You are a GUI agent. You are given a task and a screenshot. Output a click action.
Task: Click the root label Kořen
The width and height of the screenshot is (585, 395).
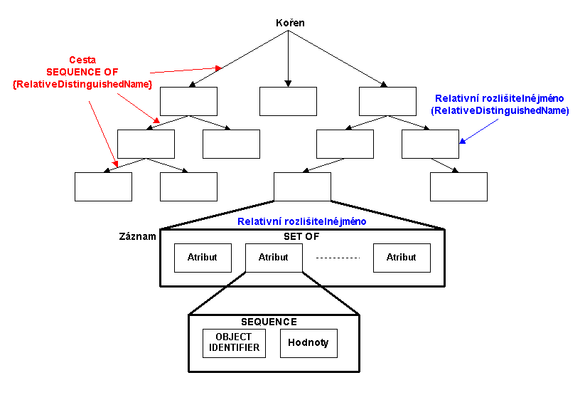pyautogui.click(x=290, y=23)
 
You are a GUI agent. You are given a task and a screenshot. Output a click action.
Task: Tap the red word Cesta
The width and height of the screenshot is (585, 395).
pyautogui.click(x=82, y=60)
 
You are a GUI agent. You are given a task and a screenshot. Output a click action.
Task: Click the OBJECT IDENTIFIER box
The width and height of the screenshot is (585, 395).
pyautogui.click(x=234, y=343)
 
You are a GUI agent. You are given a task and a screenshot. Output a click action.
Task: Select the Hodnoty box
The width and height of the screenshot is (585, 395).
pyautogui.click(x=308, y=343)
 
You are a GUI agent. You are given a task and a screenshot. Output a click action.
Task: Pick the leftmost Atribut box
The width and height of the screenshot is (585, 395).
pyautogui.click(x=203, y=258)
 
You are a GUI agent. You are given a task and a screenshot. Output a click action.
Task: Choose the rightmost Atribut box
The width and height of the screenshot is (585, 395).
pyautogui.click(x=402, y=258)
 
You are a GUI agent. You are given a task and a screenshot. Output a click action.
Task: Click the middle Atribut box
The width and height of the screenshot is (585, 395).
pyautogui.click(x=274, y=258)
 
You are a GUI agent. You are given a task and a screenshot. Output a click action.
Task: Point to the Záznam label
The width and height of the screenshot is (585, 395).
pyautogui.click(x=137, y=236)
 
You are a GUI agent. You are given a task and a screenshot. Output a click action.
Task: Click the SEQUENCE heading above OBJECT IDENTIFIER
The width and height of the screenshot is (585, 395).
pyautogui.click(x=269, y=322)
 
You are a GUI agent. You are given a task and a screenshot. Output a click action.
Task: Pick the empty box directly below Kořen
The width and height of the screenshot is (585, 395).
pyautogui.click(x=288, y=101)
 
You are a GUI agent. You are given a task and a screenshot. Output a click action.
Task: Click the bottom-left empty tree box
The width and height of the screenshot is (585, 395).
pyautogui.click(x=103, y=186)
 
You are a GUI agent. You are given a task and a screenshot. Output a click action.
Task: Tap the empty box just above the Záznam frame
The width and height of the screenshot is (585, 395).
pyautogui.click(x=302, y=186)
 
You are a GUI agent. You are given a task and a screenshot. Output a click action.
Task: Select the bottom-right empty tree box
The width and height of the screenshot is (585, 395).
pyautogui.click(x=458, y=186)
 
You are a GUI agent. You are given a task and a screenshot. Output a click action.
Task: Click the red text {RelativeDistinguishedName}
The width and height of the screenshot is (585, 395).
pyautogui.click(x=82, y=84)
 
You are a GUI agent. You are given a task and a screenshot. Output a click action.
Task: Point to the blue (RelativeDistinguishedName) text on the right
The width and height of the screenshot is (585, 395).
pyautogui.click(x=500, y=110)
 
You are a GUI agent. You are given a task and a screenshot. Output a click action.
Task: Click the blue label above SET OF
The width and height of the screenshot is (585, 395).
pyautogui.click(x=302, y=221)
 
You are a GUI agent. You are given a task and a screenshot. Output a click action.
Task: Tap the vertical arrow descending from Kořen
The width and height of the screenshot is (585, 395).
pyautogui.click(x=288, y=60)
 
